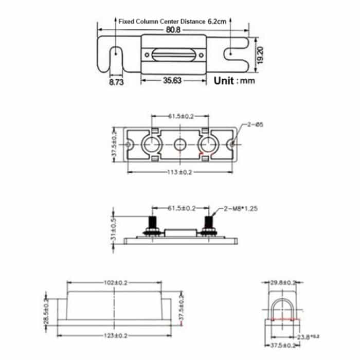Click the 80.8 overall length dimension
click(x=173, y=30)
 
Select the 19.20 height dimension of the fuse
click(x=260, y=53)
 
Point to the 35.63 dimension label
click(x=173, y=81)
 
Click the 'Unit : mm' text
click(x=235, y=81)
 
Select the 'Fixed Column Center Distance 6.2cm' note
click(x=172, y=22)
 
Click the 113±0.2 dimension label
click(x=178, y=172)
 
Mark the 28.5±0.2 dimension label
click(x=46, y=311)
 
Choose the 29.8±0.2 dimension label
click(x=283, y=282)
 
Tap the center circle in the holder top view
click(x=179, y=145)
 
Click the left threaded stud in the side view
click(x=152, y=225)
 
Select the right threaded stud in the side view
click(x=209, y=225)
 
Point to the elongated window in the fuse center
click(x=173, y=54)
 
